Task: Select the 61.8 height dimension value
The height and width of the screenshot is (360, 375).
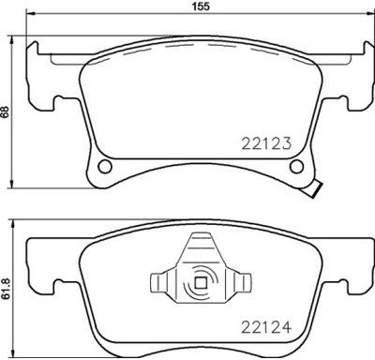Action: pos(6,284)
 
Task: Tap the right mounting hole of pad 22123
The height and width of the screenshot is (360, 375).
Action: pos(298,168)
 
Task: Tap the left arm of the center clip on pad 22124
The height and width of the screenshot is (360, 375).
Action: pos(160,280)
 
